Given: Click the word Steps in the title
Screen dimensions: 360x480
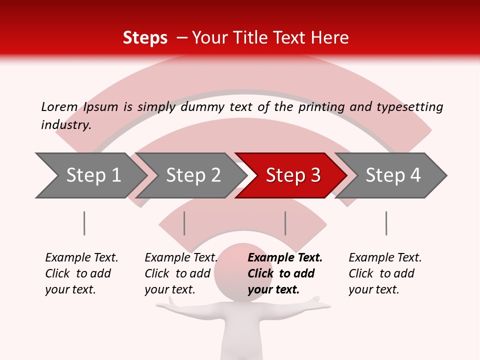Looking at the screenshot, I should click(145, 38).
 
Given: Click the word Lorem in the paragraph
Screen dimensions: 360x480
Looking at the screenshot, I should click(59, 106).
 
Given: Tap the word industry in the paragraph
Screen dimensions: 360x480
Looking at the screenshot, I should click(66, 124).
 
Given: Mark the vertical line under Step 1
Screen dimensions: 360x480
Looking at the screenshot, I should click(84, 223).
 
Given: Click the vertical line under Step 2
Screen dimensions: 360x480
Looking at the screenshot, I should click(184, 223).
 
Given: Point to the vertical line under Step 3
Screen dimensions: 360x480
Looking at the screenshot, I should click(285, 223).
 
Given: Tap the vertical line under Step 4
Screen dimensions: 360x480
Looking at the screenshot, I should click(386, 223).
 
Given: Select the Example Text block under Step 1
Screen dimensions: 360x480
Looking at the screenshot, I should click(81, 273).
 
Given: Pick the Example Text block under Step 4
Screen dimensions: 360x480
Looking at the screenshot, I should click(385, 273).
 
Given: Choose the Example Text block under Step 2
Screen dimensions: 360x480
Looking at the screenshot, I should click(181, 273).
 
